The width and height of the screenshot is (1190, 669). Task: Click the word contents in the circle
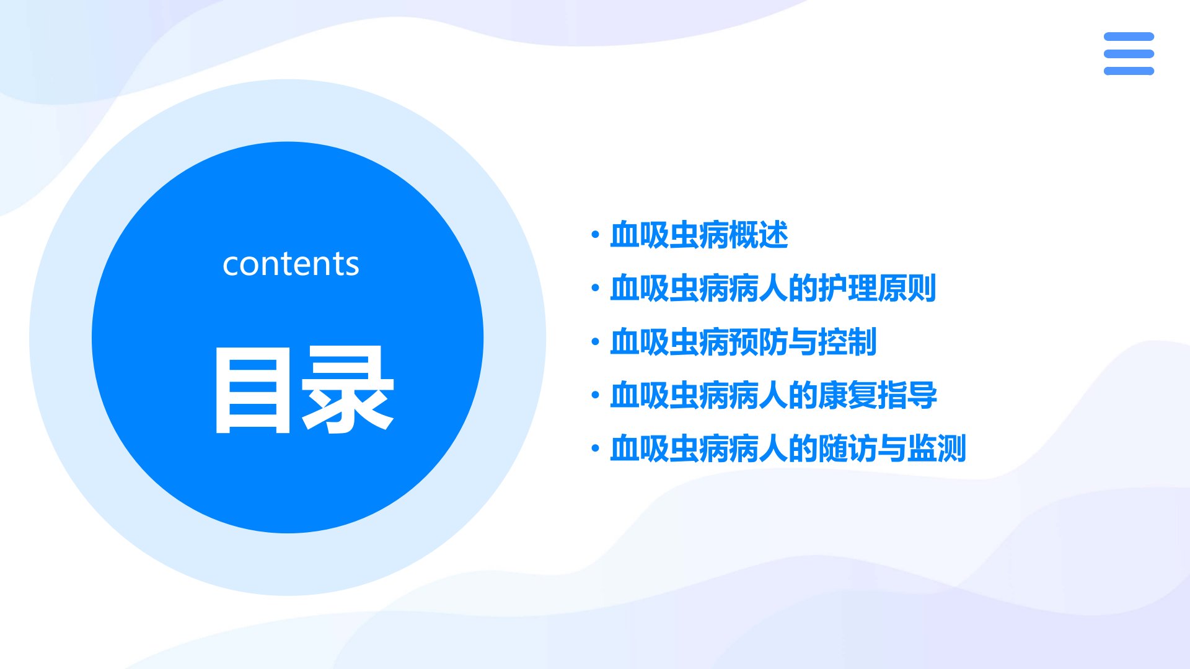click(x=291, y=264)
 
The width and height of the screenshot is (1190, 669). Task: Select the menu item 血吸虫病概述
click(x=699, y=235)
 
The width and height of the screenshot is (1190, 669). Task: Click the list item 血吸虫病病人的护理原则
click(x=773, y=289)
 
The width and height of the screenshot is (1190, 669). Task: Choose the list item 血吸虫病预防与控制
click(x=743, y=342)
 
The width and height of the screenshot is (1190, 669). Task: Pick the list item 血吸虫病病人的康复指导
click(x=773, y=395)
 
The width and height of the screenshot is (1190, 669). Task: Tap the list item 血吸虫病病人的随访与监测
click(x=788, y=448)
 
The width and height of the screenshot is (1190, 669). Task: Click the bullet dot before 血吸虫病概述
click(x=596, y=235)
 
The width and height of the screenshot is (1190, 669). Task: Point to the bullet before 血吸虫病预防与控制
click(x=596, y=341)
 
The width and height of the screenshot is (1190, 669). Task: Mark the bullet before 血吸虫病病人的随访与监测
click(x=596, y=448)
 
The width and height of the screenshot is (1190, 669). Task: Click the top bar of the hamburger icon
click(x=1129, y=37)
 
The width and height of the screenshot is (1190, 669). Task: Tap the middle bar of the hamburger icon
click(x=1129, y=54)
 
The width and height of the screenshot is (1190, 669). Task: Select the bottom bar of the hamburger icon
click(x=1129, y=71)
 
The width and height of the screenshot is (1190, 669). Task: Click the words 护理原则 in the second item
click(x=877, y=289)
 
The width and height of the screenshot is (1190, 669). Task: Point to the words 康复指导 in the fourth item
click(x=878, y=395)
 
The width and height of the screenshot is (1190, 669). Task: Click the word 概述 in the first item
click(x=758, y=235)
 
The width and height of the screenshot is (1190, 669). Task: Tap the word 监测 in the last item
click(x=937, y=448)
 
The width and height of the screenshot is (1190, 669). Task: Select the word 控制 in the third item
click(x=847, y=342)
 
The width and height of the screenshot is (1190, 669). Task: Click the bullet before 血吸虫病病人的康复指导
click(x=596, y=395)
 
